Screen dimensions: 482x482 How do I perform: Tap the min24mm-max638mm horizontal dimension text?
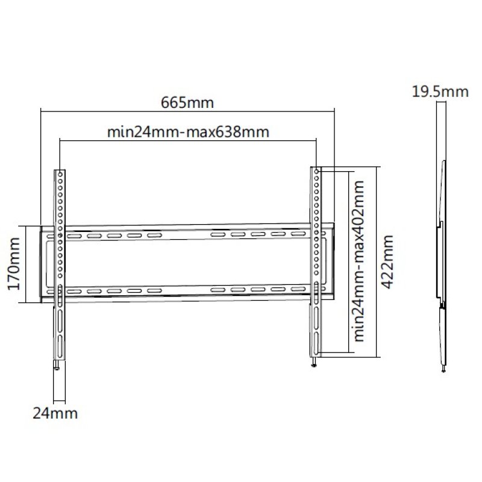tap(187, 131)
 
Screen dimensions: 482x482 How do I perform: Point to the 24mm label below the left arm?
tap(54, 413)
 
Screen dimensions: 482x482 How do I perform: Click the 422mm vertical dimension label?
tap(387, 262)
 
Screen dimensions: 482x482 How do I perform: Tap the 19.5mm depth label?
tap(440, 92)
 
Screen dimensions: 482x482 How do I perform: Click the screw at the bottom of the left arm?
tap(56, 366)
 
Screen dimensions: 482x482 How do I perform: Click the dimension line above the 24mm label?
tap(60, 401)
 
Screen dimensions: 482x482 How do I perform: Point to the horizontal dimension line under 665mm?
tap(187, 110)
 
